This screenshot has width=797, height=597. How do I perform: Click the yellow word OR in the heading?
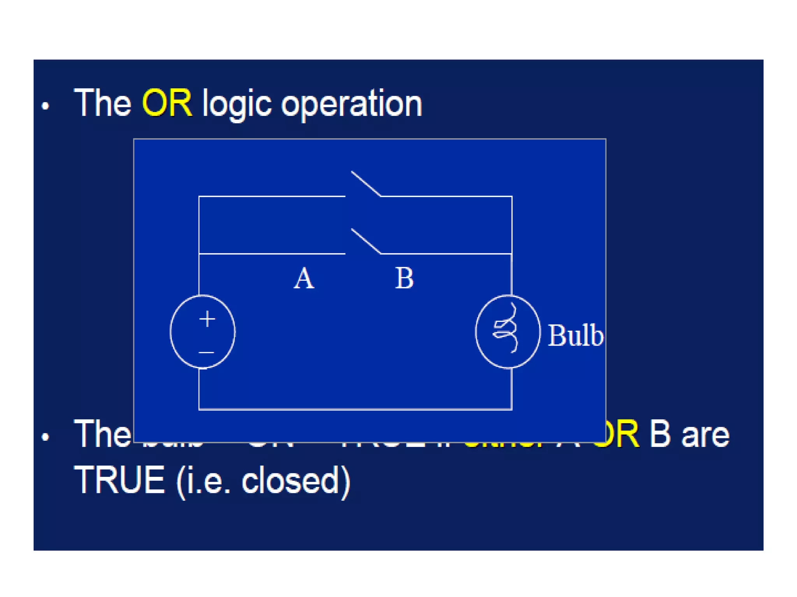167,103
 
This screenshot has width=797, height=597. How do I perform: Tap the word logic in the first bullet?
237,104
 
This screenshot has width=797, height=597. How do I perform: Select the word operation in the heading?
351,104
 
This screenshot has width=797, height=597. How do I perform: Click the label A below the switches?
304,278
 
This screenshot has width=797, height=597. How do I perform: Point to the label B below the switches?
404,278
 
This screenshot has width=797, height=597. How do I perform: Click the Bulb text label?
575,335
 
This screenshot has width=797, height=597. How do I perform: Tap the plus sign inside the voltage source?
207,319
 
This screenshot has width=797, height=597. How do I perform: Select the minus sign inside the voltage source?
206,353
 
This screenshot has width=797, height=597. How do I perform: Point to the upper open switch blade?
366,183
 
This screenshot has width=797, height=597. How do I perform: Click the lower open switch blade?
366,241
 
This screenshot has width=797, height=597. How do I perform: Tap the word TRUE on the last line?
119,480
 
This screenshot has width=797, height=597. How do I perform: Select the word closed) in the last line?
296,481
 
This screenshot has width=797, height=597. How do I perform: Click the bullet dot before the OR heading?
46,106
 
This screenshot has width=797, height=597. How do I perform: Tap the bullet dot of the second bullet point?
46,437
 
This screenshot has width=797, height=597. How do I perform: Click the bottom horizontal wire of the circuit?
355,409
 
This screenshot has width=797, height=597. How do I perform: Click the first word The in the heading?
103,103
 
